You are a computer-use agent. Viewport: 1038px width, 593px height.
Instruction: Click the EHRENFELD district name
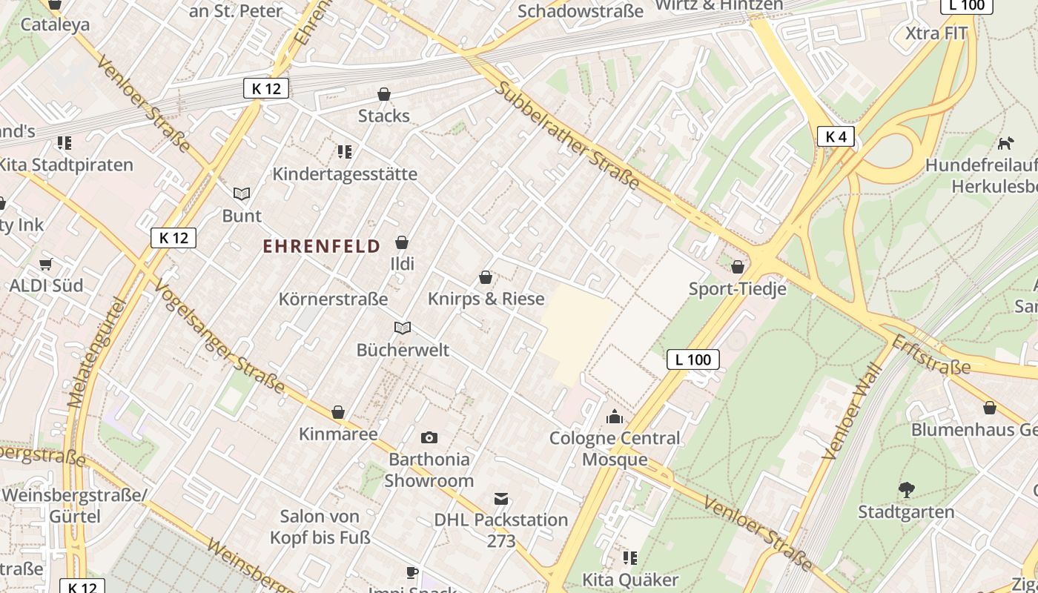(322, 246)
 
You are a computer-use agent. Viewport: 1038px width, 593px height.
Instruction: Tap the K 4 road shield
(836, 136)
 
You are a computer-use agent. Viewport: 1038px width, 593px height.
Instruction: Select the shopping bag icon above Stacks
(384, 94)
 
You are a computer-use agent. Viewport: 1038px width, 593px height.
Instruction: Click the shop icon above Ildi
(402, 242)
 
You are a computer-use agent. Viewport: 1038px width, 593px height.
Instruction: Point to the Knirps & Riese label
(486, 299)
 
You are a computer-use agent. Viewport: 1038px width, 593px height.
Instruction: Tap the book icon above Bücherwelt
(403, 328)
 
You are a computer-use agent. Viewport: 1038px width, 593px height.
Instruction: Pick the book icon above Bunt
(242, 193)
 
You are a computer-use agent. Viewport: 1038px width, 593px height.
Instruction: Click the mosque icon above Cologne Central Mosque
(614, 417)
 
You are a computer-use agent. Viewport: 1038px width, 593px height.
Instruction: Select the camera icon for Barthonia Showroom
(429, 438)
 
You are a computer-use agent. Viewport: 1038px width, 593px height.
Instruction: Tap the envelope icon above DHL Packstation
(502, 499)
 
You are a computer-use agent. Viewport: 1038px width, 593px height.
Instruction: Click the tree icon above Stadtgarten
(906, 489)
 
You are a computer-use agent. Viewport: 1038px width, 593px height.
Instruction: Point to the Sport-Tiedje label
(737, 289)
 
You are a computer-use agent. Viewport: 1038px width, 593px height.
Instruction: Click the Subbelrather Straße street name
(567, 135)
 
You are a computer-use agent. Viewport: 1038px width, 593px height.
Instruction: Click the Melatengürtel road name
(96, 353)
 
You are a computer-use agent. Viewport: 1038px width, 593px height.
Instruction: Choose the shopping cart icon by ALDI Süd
(46, 264)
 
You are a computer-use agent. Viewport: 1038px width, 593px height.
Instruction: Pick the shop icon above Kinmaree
(338, 412)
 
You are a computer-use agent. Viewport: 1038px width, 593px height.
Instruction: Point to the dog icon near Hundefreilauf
(1005, 143)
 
